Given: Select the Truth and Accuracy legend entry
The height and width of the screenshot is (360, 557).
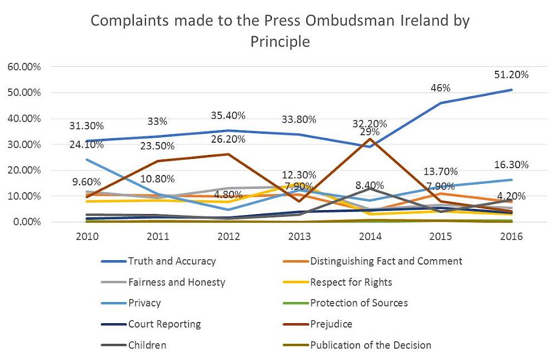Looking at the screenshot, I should tap(172, 261).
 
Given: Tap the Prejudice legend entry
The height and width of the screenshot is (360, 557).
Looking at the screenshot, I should tap(331, 324).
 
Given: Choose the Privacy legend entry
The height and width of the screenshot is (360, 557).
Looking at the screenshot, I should tap(144, 303).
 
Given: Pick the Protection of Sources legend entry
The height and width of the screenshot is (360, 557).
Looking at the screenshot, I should tap(359, 303).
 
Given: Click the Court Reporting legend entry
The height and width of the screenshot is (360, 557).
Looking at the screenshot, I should tap(164, 324).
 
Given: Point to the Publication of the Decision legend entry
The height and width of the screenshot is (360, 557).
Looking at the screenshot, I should tap(370, 345).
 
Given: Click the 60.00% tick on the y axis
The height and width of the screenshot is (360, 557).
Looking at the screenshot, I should tap(24, 67).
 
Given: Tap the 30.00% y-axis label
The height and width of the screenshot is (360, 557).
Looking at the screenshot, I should tap(24, 144).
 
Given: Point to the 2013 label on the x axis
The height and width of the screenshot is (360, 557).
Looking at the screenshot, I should tap(299, 236).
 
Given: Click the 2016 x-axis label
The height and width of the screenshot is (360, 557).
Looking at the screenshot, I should tap(511, 236).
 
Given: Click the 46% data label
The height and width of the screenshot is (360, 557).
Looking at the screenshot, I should tap(440, 88).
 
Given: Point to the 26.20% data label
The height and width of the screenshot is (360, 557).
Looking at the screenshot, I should tap(228, 139).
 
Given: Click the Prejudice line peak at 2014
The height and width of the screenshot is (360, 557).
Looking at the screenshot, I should tap(370, 139).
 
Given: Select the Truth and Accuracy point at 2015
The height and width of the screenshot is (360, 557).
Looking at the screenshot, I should tap(441, 103).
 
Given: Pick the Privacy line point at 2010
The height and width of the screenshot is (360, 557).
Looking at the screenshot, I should tap(87, 160).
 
